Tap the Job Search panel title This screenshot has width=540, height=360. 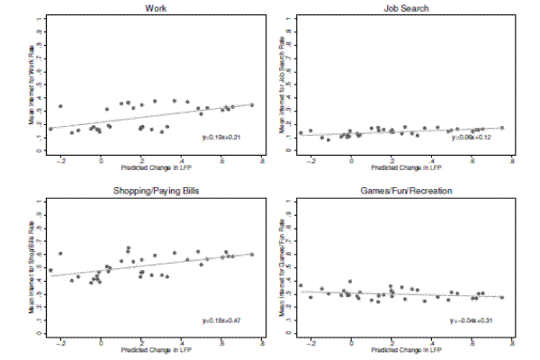[401, 9]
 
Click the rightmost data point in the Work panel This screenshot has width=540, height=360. [252, 105]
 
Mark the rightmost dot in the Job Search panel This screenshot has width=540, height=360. [501, 128]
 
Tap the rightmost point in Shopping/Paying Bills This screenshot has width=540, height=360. [252, 255]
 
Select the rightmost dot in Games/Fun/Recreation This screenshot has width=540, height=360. [501, 298]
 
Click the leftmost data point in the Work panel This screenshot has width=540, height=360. [50, 129]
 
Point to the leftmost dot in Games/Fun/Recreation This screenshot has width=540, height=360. [301, 286]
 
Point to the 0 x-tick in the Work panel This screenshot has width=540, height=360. [101, 159]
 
